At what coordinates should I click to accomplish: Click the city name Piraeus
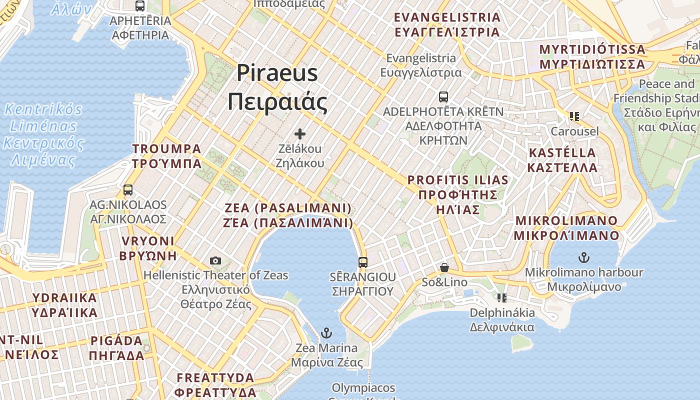pos(277,73)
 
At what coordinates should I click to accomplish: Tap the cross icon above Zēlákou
pos(300,133)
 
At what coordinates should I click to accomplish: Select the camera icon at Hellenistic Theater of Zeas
pos(215,260)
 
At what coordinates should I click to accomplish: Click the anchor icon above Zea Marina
pos(326,332)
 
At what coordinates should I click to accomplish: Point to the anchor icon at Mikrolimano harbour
pos(583,257)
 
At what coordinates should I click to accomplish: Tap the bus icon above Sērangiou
pos(363,262)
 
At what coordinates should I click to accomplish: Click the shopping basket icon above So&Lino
pos(444,268)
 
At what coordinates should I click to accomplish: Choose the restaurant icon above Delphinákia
pos(502,298)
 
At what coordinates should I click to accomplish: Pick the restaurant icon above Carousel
pos(574,116)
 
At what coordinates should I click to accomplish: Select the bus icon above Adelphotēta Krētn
pos(443,96)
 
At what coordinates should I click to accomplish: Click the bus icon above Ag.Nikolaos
pos(128,190)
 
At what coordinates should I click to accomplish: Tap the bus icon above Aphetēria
pos(140,6)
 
